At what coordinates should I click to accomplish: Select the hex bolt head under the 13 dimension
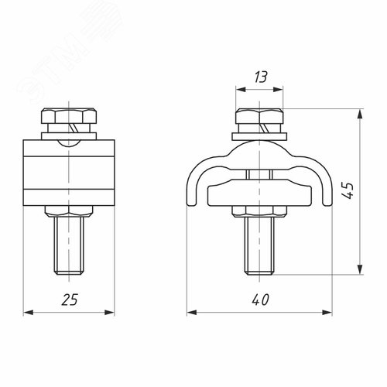point(259,122)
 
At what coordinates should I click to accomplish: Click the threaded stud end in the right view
point(259,245)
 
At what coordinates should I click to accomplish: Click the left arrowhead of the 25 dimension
point(29,313)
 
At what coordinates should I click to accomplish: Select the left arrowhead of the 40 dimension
point(190,313)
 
